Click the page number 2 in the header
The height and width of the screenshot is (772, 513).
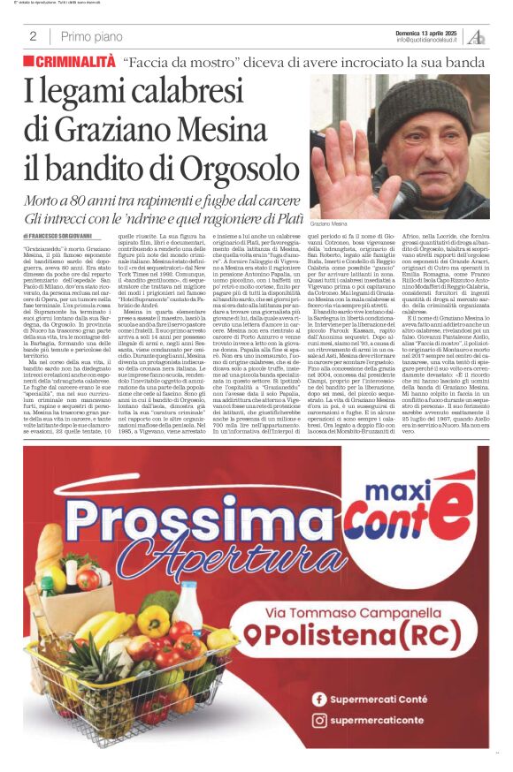tap(33, 36)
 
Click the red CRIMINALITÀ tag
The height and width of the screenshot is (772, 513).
tap(69, 62)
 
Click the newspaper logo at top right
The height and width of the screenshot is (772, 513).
tap(476, 36)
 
